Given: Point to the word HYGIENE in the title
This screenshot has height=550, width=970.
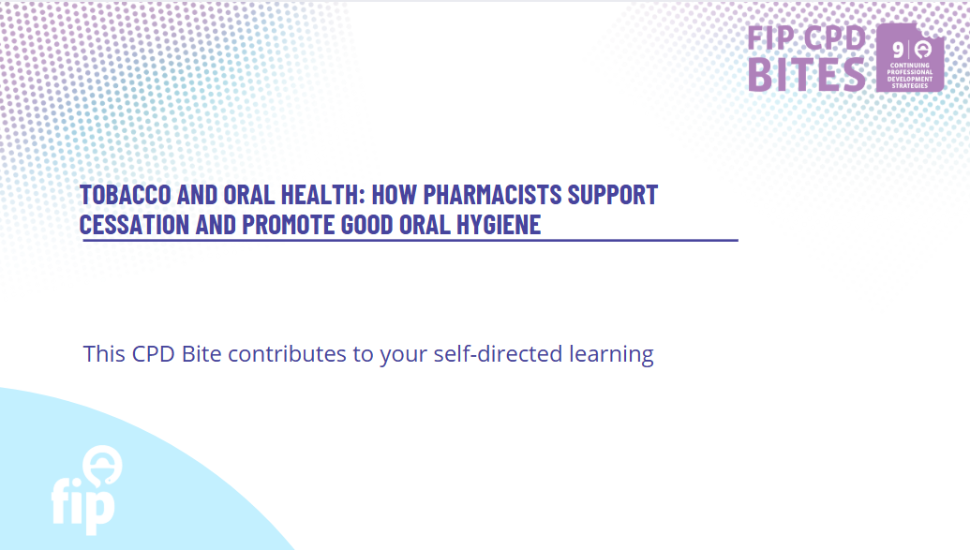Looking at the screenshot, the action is pos(499,224).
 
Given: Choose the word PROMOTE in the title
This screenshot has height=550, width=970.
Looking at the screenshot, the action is pos(289,224).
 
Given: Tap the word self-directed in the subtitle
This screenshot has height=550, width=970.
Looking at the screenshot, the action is pos(498,354).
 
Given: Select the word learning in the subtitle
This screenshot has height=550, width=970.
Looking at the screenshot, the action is pos(611,355).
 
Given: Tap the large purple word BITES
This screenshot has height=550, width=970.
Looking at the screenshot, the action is pos(807,75).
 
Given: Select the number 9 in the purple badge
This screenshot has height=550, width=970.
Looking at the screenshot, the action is pos(898,50).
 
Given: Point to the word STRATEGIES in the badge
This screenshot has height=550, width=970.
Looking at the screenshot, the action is pos(910,86).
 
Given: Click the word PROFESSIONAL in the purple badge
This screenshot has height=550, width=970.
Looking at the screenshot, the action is pos(910,72).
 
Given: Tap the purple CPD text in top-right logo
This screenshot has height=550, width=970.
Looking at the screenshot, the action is pos(834,37).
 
